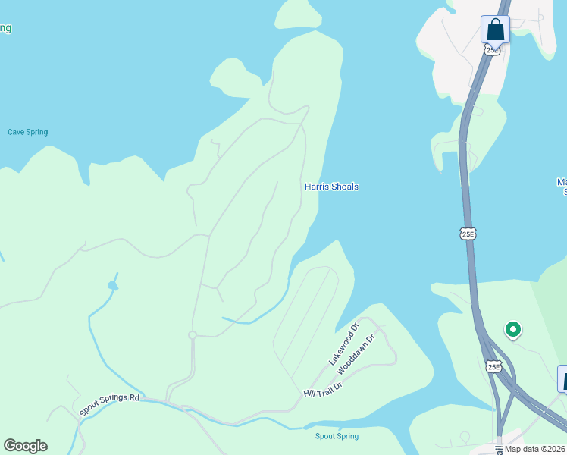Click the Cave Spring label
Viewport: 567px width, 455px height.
(28, 132)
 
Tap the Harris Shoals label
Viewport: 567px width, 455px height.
(331, 187)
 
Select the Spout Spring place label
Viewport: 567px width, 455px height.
(337, 436)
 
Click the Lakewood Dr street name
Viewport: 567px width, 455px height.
(343, 346)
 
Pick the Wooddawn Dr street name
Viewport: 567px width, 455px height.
(356, 354)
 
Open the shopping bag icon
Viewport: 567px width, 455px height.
(495, 30)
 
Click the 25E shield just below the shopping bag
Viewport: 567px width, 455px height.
(492, 50)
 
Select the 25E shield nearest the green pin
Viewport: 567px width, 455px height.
(493, 367)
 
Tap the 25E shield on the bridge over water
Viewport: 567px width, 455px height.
(468, 234)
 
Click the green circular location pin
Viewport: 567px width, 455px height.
(513, 329)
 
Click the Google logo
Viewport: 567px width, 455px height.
(25, 446)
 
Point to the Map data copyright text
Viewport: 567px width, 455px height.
(535, 449)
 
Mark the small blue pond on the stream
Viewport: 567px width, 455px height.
(113, 286)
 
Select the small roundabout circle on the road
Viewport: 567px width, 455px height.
(193, 335)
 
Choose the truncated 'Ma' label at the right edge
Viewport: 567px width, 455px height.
(562, 187)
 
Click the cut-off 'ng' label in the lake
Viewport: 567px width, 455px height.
(5, 29)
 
